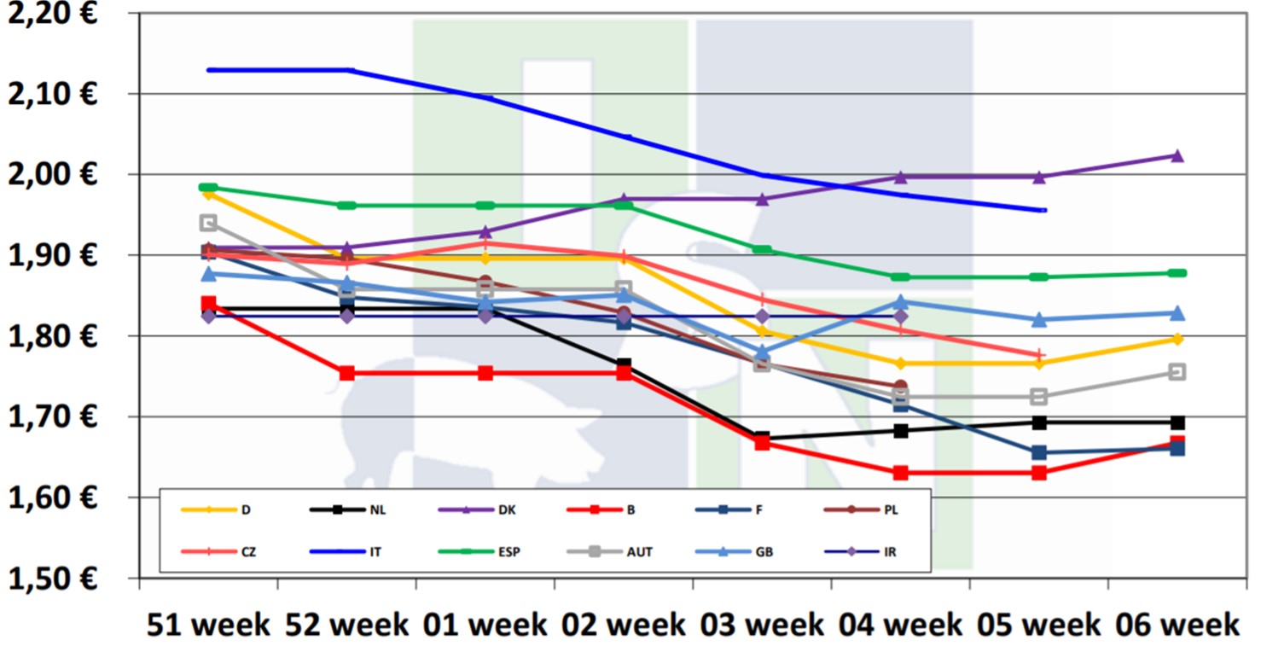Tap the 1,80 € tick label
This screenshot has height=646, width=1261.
52,335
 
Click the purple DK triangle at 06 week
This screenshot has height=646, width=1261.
1177,156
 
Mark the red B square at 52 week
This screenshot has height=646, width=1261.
346,373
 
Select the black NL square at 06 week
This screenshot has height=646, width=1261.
1177,422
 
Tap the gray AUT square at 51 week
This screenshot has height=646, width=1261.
208,223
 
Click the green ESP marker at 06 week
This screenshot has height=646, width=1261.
1177,273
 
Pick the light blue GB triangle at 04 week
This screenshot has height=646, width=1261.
900,302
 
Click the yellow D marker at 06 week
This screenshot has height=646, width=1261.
1177,339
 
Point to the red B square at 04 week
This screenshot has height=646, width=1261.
900,473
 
